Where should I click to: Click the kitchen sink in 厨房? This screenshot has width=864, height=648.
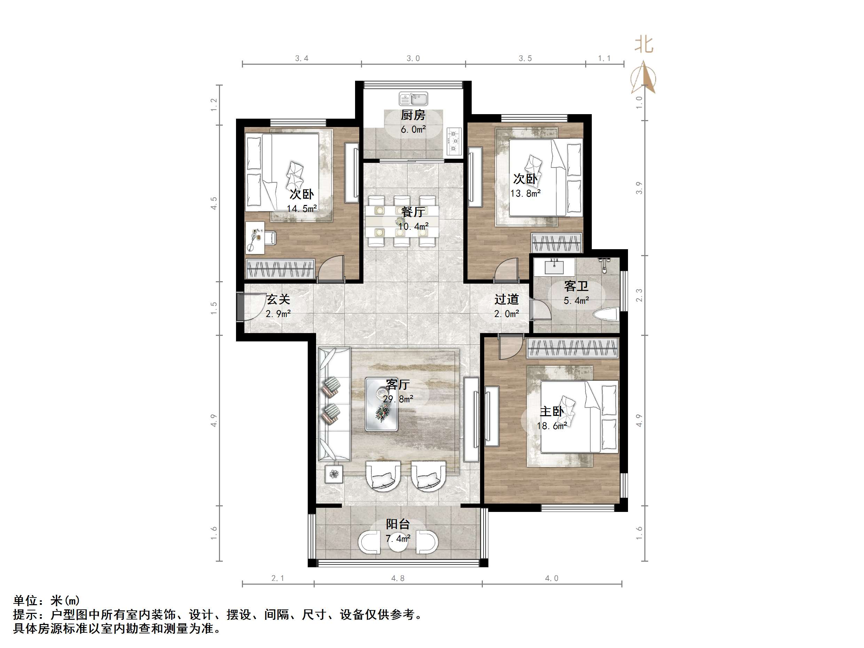413,98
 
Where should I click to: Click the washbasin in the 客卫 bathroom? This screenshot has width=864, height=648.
554,267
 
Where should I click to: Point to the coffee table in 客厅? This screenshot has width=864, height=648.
381,404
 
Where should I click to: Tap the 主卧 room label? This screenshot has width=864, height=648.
551,411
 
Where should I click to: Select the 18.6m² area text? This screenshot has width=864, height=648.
551,426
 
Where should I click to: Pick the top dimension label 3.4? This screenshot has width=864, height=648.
301,58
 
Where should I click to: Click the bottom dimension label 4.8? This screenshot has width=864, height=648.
398,578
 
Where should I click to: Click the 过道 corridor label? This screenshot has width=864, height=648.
506,299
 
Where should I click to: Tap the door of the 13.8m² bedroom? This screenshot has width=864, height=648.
506,269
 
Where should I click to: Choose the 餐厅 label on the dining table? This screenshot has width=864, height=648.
413,212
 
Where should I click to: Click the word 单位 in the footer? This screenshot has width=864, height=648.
25,600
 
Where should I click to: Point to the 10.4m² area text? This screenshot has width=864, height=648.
413,226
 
